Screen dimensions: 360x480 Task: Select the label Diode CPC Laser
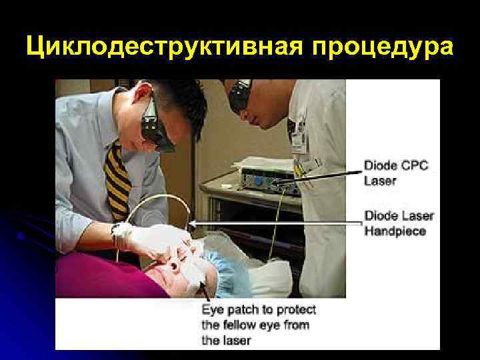click(389, 172)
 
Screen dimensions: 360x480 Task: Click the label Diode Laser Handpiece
click(399, 223)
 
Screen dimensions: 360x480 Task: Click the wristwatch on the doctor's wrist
click(121, 234)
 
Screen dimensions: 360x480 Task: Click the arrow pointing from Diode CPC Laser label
click(327, 174)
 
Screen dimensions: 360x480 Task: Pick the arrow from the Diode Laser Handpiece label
click(273, 223)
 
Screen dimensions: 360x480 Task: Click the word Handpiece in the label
click(395, 231)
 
